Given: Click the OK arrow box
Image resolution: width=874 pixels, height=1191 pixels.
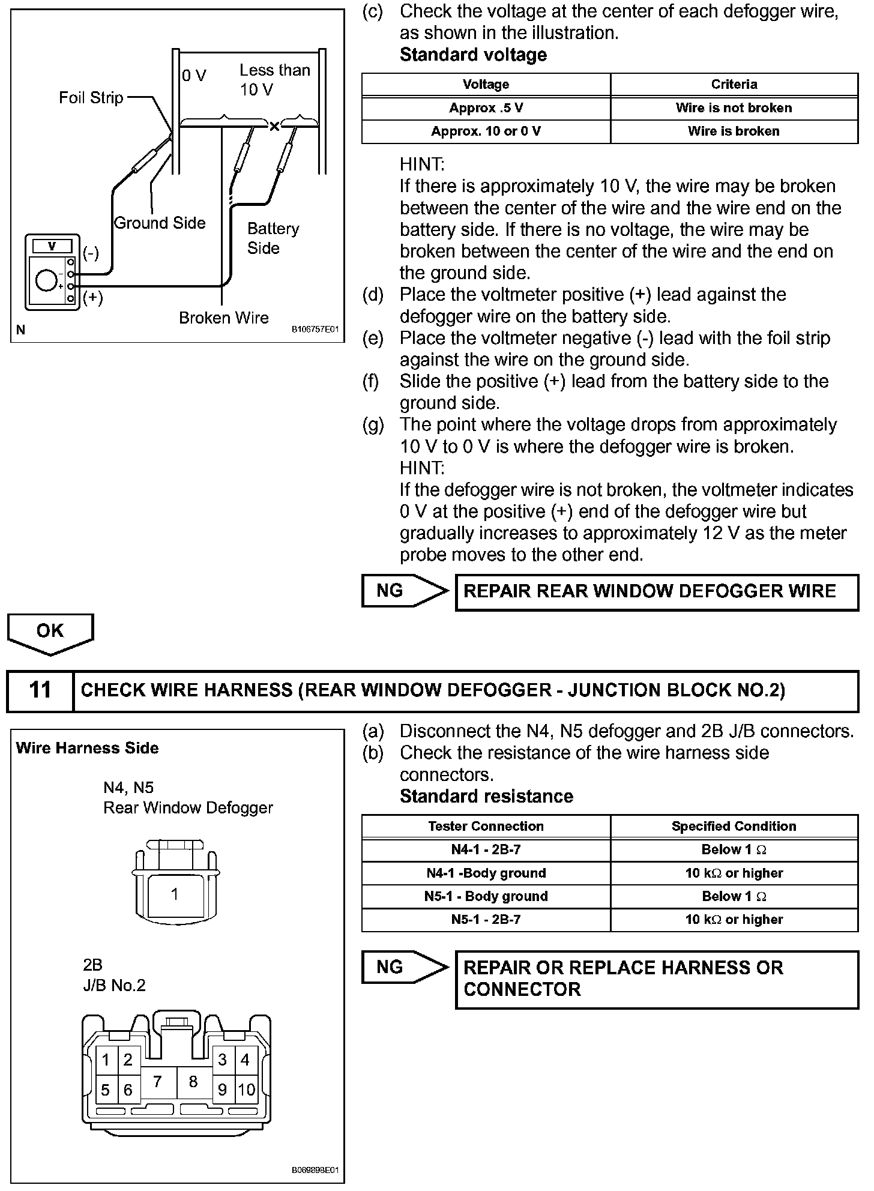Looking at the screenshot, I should pos(50,632).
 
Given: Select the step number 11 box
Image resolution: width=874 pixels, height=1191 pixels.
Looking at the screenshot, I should pos(40,690).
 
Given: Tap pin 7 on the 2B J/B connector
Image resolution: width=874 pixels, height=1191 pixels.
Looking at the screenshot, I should pos(157,1082).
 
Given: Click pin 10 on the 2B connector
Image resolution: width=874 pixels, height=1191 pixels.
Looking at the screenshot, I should pos(246,1090).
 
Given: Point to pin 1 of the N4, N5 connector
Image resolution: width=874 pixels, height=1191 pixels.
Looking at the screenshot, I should pos(174,894).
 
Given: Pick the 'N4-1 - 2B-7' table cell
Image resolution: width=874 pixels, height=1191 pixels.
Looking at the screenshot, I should pos(486,850).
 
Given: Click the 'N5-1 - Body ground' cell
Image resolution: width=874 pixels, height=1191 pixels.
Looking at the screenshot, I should pos(486,896).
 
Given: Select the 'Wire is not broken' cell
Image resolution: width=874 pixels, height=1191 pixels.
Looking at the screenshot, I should pos(734,108).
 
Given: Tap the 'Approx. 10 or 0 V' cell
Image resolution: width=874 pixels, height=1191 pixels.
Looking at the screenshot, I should pos(486,131).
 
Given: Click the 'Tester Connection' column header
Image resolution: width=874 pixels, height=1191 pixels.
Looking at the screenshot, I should pos(486,827).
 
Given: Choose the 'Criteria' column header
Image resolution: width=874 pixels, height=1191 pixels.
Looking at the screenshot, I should pos(734,85).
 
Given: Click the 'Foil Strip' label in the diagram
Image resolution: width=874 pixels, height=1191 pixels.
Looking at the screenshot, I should pos(91,98).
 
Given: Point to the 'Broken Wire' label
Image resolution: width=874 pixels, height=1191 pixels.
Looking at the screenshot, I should pos(224,318).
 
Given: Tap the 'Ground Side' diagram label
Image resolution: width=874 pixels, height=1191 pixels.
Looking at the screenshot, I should pos(160,223).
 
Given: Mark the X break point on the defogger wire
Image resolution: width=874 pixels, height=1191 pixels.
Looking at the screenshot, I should pos(274,126).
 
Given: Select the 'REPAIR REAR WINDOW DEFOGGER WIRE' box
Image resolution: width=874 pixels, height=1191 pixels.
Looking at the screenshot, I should pos(657,592).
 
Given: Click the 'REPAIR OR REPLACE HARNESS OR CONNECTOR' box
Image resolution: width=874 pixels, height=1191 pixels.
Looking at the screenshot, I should pos(657,979).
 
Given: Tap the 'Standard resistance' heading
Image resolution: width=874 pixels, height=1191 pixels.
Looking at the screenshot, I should pos(486,797).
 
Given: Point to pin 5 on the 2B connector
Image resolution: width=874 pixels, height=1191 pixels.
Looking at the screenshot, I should pos(106,1090).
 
